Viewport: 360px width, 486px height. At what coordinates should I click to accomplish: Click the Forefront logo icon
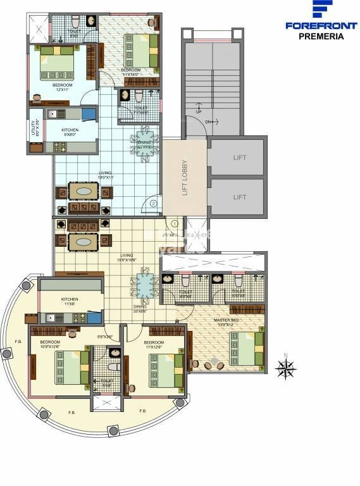click(323, 11)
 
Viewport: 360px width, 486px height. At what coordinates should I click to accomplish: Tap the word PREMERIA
click(321, 37)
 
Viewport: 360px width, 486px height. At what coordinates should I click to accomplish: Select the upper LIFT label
click(239, 158)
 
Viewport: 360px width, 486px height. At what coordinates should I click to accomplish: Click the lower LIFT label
click(239, 197)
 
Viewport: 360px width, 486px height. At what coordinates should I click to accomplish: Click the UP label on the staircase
click(199, 111)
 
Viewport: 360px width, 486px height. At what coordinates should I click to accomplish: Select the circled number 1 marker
click(175, 223)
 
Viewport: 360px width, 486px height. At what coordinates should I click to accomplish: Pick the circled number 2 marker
click(153, 203)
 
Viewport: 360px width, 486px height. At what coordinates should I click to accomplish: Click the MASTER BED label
click(225, 320)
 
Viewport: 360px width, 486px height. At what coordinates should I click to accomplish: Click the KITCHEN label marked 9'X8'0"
click(70, 132)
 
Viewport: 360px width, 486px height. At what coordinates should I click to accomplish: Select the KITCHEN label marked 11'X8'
click(70, 302)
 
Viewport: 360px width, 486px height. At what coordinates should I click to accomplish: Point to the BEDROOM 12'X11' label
click(62, 87)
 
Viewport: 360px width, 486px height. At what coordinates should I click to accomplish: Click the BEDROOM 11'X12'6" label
click(154, 344)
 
